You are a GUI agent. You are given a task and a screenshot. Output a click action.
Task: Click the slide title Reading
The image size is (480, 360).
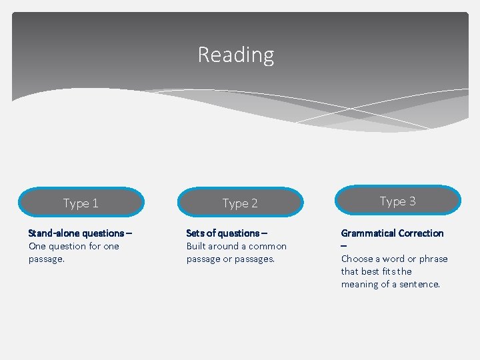tap(236, 55)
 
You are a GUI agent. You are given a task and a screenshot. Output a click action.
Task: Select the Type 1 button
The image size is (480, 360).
tap(81, 203)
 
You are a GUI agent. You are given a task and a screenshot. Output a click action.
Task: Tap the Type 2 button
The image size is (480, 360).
tap(240, 203)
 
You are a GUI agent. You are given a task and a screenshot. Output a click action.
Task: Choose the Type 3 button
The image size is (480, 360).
tap(397, 201)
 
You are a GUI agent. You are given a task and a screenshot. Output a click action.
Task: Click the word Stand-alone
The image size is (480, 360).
tap(52, 233)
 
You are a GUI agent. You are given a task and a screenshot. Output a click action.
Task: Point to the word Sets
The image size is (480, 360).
tap(195, 233)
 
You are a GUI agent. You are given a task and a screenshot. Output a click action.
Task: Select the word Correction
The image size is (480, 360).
tap(421, 233)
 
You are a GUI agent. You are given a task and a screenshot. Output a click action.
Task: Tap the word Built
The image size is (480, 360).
tap(197, 246)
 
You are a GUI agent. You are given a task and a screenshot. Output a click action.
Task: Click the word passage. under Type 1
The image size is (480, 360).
tap(47, 259)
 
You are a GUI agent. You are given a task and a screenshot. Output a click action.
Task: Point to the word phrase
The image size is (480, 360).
tap(433, 259)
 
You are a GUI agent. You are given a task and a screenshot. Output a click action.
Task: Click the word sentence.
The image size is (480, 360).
tap(419, 284)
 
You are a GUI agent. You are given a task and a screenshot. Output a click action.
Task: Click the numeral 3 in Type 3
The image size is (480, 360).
tap(412, 201)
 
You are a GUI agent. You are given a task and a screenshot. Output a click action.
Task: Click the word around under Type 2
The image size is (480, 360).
tap(225, 246)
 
